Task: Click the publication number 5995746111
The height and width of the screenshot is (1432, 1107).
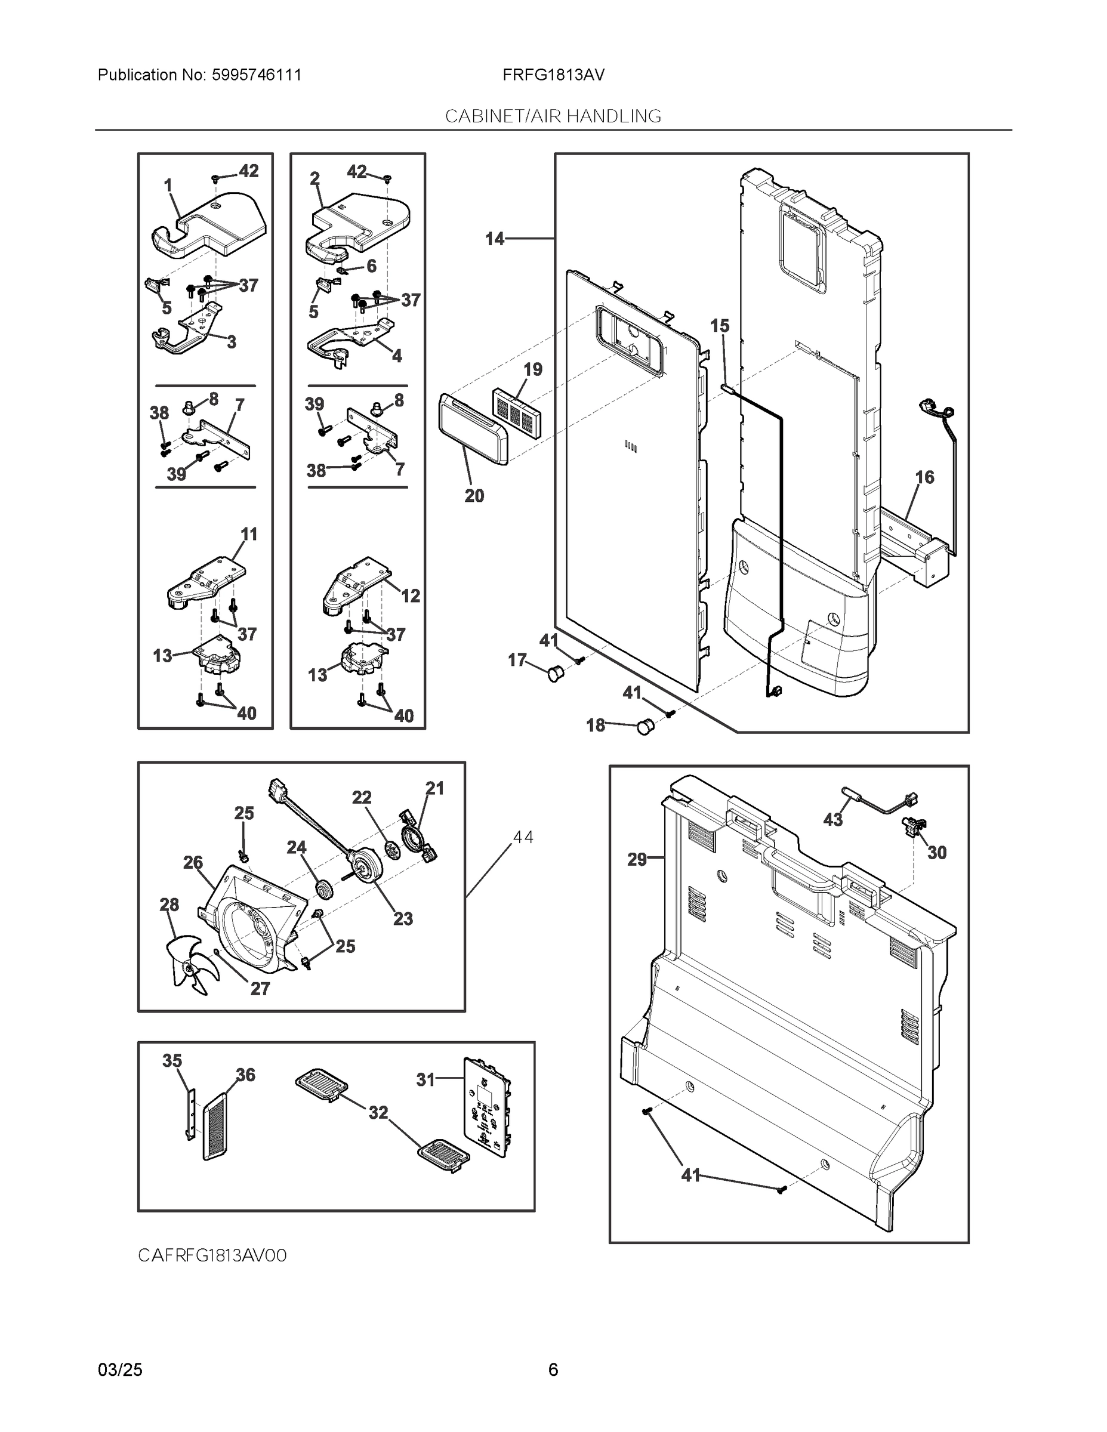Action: (256, 75)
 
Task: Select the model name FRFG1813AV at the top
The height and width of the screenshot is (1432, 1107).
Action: (553, 75)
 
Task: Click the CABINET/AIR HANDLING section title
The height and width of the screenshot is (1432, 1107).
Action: (553, 117)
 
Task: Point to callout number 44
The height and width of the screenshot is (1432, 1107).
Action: (523, 837)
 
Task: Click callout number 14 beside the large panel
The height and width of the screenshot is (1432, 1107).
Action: (495, 239)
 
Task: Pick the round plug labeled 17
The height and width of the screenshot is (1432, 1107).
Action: (555, 672)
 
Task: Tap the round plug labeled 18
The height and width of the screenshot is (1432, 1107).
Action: (646, 727)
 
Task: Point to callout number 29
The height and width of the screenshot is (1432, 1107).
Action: (637, 860)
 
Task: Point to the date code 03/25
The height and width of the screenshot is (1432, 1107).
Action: (120, 1370)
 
